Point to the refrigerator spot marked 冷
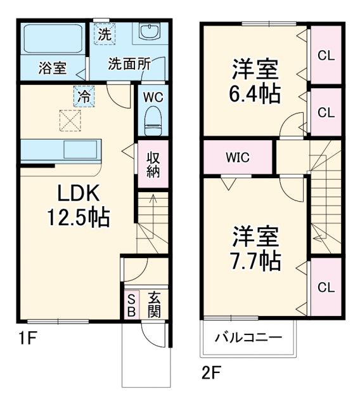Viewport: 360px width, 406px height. (x=84, y=96)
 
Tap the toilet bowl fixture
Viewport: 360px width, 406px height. (x=153, y=120)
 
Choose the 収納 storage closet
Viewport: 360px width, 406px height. (x=153, y=165)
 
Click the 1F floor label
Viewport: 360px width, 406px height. (x=27, y=338)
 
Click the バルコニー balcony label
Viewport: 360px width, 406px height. (x=248, y=337)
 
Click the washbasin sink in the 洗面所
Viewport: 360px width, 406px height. (x=150, y=34)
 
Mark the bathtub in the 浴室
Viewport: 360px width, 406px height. (x=50, y=39)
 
